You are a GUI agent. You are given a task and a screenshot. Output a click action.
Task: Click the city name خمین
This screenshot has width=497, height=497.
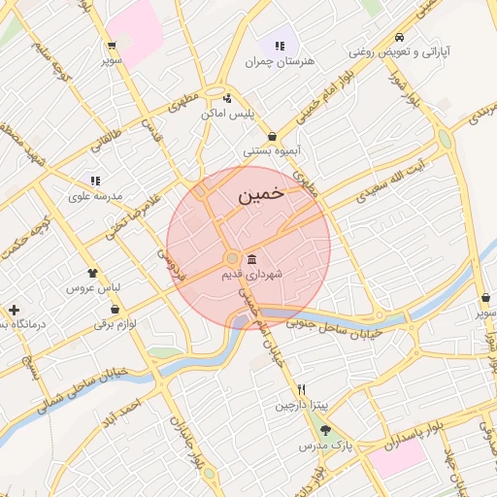(261, 195)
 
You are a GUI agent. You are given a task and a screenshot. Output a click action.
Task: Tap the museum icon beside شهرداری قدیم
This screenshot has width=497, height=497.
(252, 259)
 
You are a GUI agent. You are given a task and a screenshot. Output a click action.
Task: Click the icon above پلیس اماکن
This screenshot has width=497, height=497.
(227, 97)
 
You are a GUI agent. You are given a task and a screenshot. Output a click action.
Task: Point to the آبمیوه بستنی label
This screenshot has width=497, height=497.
(272, 152)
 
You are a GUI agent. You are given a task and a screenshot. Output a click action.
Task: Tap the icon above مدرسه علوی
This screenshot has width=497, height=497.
(95, 181)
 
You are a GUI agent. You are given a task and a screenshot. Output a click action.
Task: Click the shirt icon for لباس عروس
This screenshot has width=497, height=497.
(92, 273)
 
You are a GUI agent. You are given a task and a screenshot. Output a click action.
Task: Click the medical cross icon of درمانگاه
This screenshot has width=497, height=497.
(14, 310)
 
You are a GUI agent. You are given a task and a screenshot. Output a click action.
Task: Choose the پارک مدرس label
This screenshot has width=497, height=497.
(323, 446)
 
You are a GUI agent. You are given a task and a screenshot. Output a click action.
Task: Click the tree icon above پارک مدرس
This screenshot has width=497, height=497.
(324, 430)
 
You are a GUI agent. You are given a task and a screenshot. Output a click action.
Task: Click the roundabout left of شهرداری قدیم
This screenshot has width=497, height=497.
(232, 258)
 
